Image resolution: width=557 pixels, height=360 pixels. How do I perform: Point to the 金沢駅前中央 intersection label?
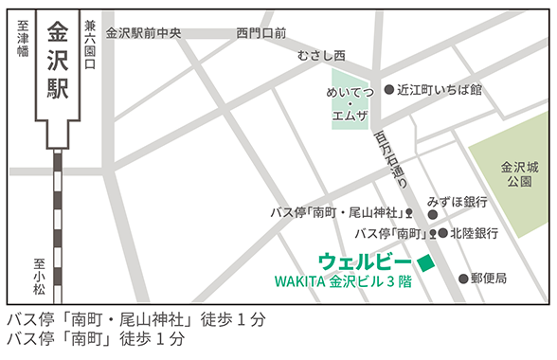[143, 32]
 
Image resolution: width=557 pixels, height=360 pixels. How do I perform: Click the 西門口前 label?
[261, 32]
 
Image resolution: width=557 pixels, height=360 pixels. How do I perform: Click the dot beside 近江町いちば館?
[388, 90]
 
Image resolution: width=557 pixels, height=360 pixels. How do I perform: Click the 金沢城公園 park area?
[517, 171]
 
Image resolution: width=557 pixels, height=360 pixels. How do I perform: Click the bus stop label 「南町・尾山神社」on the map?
[337, 211]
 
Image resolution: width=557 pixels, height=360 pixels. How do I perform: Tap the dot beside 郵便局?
[463, 279]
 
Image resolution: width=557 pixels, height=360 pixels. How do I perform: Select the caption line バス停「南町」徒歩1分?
[95, 338]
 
